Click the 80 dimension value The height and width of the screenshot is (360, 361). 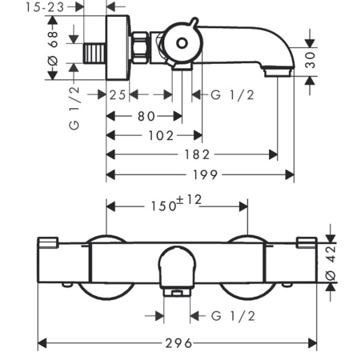[x=147, y=115]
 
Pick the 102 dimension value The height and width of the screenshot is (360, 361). [x=161, y=136]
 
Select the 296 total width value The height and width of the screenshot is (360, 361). [x=178, y=343]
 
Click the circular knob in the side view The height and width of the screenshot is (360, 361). [x=182, y=43]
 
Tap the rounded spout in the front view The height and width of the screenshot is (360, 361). [x=177, y=267]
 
